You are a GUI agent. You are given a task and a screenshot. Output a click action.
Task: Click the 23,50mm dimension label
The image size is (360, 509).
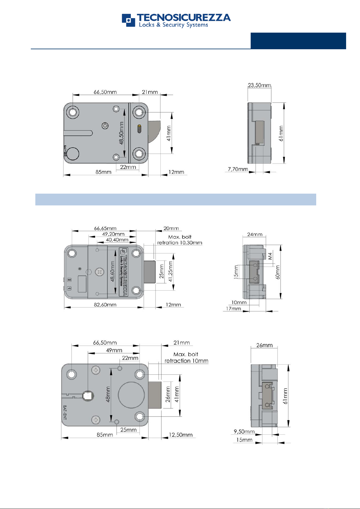(x=259, y=85)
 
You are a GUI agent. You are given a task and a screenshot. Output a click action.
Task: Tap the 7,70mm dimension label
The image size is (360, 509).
(x=238, y=169)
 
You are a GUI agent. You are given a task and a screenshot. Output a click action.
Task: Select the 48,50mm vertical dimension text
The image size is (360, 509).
(x=121, y=133)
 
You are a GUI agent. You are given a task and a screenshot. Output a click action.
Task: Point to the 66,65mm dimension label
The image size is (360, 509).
(x=105, y=228)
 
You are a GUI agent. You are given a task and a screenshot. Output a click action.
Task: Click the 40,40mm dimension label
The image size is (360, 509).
(x=117, y=240)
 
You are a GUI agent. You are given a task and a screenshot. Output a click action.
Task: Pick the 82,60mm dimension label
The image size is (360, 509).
(x=105, y=304)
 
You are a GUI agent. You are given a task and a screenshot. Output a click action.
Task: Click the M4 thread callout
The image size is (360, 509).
(x=270, y=256)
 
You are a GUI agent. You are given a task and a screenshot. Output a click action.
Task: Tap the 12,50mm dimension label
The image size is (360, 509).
(x=181, y=435)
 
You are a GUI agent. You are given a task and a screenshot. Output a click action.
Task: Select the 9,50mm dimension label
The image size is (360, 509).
(x=244, y=431)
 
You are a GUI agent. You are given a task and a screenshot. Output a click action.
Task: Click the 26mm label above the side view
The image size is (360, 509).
(x=264, y=345)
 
